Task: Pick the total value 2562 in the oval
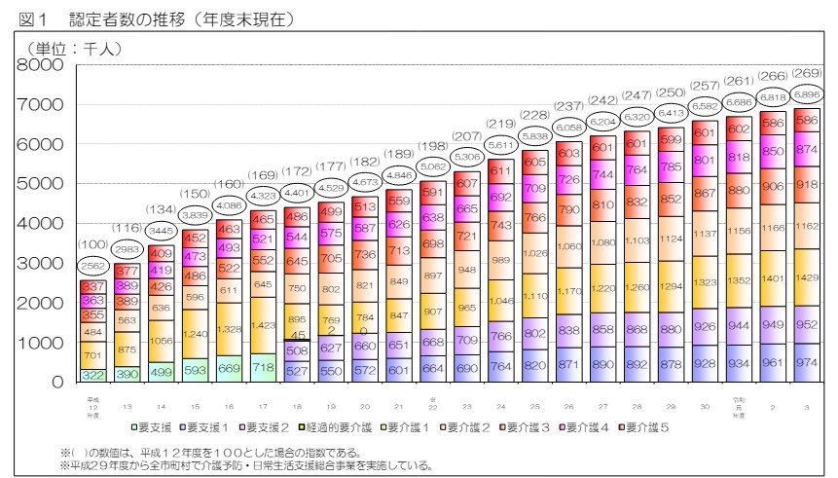point(93,266)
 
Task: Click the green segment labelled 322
point(93,375)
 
